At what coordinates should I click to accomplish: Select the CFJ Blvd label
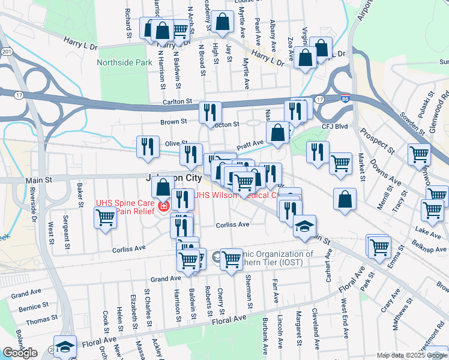coord(335,126)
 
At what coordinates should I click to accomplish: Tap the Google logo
coord(20,353)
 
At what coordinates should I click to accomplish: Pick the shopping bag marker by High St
coord(222,21)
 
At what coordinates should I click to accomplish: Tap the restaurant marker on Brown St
coord(210,112)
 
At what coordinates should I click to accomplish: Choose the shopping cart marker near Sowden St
coord(418,154)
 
